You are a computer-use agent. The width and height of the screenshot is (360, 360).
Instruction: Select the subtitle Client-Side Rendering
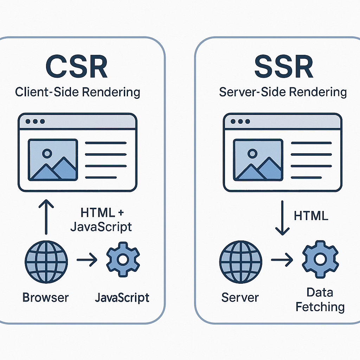78,92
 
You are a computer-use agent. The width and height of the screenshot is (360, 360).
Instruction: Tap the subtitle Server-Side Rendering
283,92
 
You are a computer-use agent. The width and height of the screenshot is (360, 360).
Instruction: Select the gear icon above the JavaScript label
123,259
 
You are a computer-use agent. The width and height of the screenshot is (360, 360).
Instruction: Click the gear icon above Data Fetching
320,259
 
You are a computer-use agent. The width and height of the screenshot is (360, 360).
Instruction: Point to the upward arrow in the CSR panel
46,217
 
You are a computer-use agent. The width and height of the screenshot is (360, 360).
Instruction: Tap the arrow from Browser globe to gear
87,261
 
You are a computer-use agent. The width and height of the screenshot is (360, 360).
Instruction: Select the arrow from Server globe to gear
282,261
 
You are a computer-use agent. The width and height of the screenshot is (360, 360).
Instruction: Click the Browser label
46,297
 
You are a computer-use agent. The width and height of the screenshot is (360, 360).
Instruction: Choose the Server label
240,297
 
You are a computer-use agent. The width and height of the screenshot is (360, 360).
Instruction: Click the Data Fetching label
320,299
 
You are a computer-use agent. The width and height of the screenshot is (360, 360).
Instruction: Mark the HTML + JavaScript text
101,219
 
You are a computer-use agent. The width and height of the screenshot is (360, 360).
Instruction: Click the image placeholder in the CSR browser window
53,160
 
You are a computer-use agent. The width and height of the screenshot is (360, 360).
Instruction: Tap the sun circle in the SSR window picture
252,153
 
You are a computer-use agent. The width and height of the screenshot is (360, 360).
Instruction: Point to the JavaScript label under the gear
122,298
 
